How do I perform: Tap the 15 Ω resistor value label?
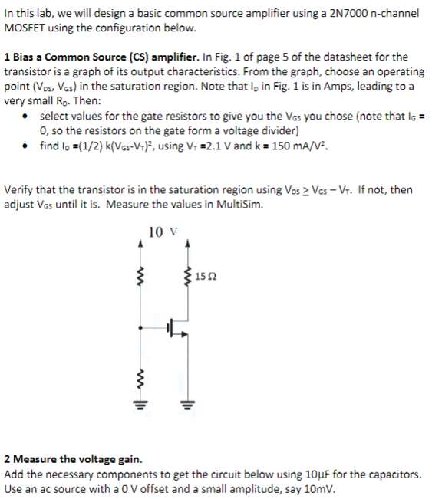pos(206,275)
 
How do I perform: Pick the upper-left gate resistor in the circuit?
pos(140,274)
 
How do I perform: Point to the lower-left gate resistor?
pos(140,375)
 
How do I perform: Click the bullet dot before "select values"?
pos(27,117)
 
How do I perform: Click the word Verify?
pos(21,189)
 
